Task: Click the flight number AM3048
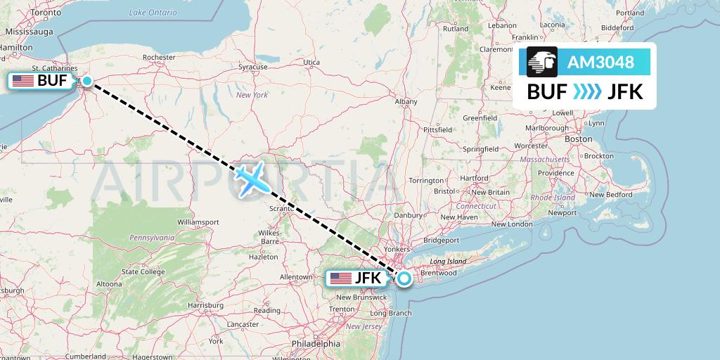600,63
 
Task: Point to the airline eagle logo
542,63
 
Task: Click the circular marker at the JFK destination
405,278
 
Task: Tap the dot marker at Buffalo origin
86,81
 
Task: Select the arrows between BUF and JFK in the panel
587,92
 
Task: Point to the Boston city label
579,139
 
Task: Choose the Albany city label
406,102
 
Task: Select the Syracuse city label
253,67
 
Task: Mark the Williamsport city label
198,221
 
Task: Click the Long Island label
447,262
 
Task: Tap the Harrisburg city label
205,305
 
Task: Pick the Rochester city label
158,57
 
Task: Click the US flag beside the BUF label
23,81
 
